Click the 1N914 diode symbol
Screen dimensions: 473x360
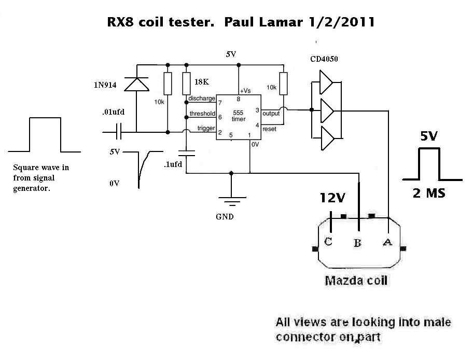pos(136,84)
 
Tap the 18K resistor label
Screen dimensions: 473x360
pos(202,82)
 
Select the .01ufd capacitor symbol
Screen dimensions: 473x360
pos(119,132)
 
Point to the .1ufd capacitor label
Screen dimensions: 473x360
pos(173,164)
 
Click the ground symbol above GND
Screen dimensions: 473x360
pos(232,201)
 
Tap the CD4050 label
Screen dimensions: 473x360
pos(324,59)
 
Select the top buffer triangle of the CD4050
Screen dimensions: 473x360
pos(326,82)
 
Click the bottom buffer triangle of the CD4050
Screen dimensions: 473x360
pos(327,138)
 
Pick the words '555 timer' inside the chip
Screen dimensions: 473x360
pos(238,116)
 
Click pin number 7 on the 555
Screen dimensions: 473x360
pos(220,103)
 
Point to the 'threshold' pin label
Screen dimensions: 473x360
pos(202,114)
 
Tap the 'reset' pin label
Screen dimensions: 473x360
pos(269,129)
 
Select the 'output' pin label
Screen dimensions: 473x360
pos(271,114)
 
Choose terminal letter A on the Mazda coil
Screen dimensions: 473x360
pos(387,242)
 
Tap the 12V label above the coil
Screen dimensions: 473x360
pos(332,198)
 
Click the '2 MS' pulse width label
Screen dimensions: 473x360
pos(429,193)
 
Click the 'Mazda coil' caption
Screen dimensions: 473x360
pos(356,281)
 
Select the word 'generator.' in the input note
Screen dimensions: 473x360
pos(31,189)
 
